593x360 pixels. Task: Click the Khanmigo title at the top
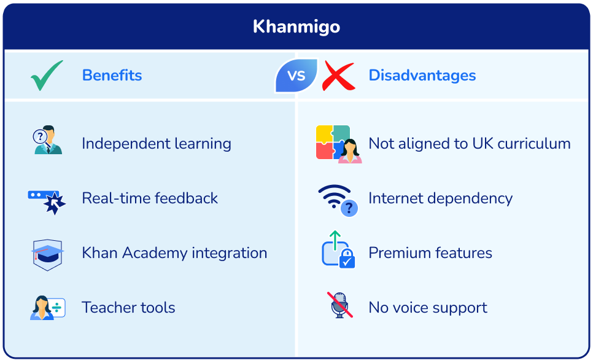point(296,26)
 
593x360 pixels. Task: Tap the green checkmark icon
point(47,76)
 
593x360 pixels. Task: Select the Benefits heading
point(112,76)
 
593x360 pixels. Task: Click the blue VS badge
point(296,76)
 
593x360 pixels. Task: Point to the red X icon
point(338,76)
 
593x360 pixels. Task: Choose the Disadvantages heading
point(422,76)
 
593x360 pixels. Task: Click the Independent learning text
point(156,144)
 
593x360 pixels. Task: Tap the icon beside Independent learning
point(47,140)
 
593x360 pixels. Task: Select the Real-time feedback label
point(150,198)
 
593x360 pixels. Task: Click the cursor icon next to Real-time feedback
point(47,200)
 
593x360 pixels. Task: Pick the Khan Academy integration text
point(174,253)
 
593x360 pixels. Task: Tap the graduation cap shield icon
point(47,254)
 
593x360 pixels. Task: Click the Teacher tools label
point(128,308)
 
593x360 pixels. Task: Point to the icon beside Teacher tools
point(47,308)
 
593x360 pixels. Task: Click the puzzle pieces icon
point(338,144)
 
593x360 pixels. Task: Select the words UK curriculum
point(521,144)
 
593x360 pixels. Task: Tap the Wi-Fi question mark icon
point(338,200)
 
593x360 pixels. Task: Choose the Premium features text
point(430,253)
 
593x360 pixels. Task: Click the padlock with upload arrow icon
point(338,250)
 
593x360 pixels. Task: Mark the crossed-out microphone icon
point(339,305)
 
